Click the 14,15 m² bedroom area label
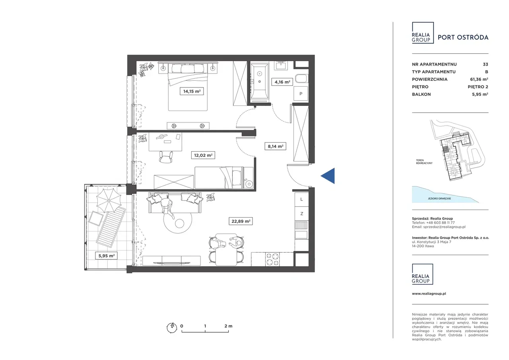[x=192, y=91]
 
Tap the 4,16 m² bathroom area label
[x=282, y=82]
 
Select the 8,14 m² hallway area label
[x=275, y=146]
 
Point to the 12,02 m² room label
[x=203, y=156]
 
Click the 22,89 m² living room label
[x=241, y=221]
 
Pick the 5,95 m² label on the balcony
[x=106, y=256]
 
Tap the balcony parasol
[x=109, y=200]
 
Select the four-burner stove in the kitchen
[x=272, y=259]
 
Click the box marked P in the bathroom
[x=301, y=93]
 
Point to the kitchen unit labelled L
[x=301, y=199]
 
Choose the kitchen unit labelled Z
[x=301, y=214]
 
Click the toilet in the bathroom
[x=302, y=79]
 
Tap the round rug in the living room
[x=178, y=219]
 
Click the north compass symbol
[x=172, y=327]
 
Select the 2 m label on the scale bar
[x=228, y=326]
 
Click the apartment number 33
[x=486, y=64]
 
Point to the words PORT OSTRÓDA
[x=463, y=37]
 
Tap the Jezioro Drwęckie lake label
[x=439, y=198]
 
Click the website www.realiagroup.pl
[x=429, y=294]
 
